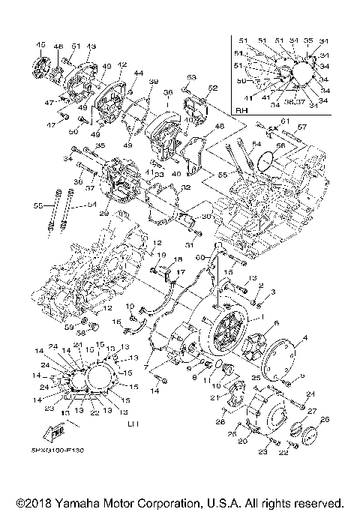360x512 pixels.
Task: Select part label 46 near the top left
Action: pos(58,46)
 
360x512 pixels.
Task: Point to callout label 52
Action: pos(213,88)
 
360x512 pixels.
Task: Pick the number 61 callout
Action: pos(284,121)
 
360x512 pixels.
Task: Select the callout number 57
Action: pos(301,128)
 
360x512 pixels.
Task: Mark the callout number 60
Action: pos(200,257)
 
